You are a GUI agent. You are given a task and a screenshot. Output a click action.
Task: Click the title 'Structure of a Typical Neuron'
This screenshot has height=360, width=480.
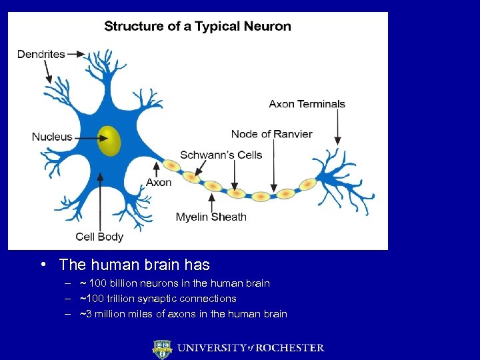pyautogui.click(x=197, y=27)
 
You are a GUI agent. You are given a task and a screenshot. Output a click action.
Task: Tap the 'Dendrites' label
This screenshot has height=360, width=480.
pyautogui.click(x=41, y=54)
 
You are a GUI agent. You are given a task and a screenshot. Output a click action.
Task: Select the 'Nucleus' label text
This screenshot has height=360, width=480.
pyautogui.click(x=52, y=137)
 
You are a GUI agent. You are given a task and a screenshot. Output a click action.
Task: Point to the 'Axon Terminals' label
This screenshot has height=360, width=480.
pyautogui.click(x=307, y=104)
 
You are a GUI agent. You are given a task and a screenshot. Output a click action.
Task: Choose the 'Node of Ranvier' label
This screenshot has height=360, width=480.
pyautogui.click(x=271, y=134)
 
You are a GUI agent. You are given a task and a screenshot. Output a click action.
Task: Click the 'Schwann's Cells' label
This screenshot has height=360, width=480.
pyautogui.click(x=221, y=155)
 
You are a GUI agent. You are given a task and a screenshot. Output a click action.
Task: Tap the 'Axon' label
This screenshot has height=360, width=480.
pyautogui.click(x=159, y=182)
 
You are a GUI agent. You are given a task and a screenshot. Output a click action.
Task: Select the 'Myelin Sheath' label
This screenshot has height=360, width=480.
pyautogui.click(x=211, y=217)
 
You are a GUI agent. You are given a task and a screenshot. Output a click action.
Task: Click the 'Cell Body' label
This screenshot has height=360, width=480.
pyautogui.click(x=99, y=236)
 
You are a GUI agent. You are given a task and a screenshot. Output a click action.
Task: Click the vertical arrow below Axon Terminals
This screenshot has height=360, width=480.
pyautogui.click(x=337, y=127)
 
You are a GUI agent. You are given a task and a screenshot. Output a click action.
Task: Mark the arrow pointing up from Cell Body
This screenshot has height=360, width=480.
pyautogui.click(x=101, y=200)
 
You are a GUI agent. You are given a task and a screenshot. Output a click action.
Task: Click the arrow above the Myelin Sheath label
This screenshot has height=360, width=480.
pyautogui.click(x=212, y=201)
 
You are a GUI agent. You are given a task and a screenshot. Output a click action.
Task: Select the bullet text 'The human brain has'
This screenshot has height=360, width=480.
pyautogui.click(x=134, y=265)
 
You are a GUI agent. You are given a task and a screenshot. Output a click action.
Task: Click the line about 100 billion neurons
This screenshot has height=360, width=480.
pyautogui.click(x=175, y=283)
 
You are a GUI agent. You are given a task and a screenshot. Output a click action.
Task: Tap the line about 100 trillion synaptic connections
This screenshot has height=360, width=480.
pyautogui.click(x=158, y=299)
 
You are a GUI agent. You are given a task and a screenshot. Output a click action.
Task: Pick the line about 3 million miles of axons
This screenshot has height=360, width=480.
pyautogui.click(x=183, y=314)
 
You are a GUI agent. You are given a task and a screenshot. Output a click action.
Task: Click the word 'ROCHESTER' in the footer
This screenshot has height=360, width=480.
pyautogui.click(x=291, y=348)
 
